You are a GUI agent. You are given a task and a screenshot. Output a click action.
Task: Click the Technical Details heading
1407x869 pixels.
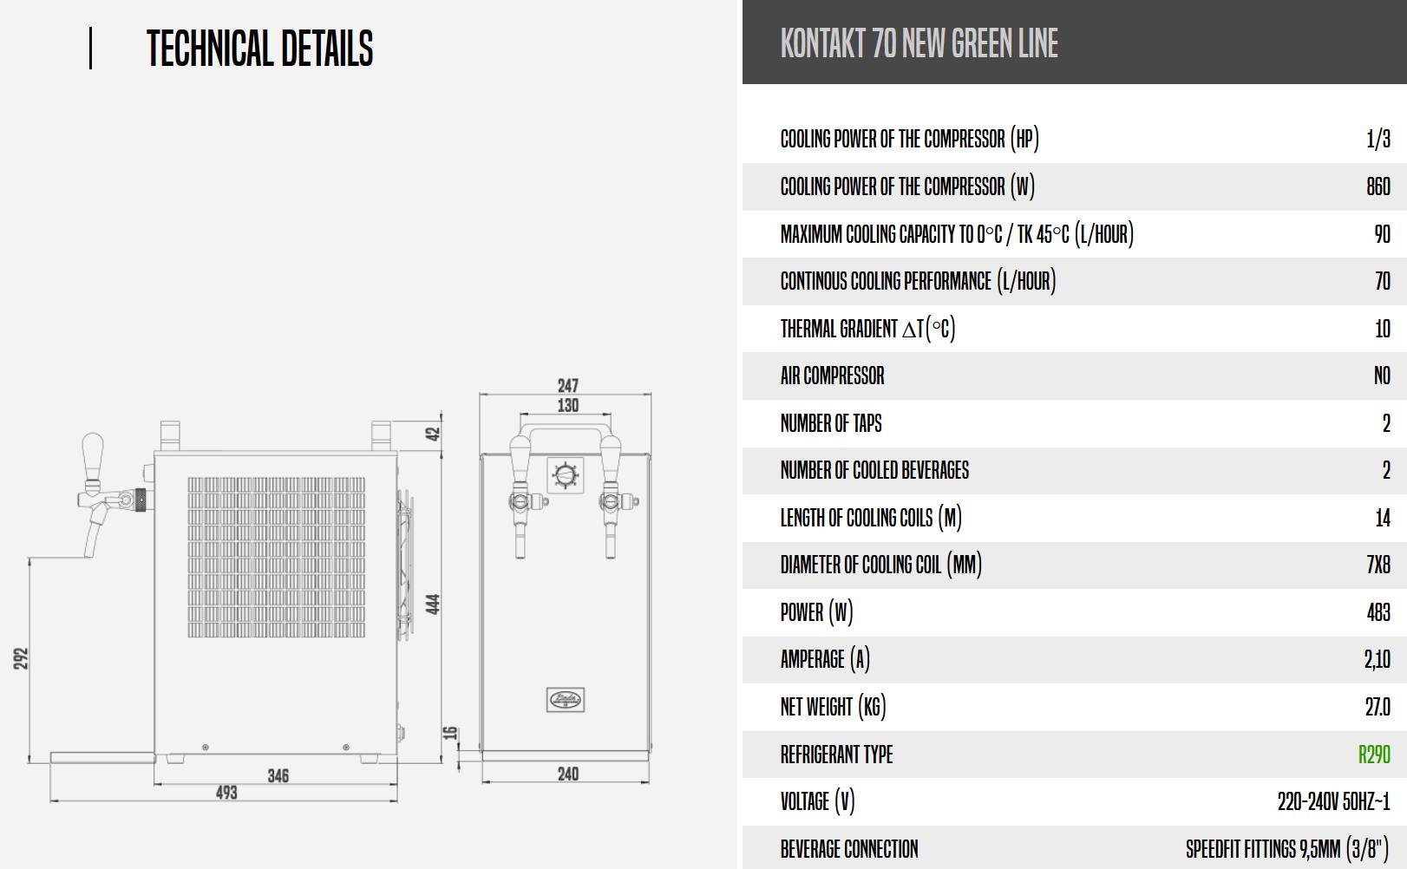pyautogui.click(x=259, y=48)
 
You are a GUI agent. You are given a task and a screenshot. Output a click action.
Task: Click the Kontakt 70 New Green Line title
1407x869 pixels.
pyautogui.click(x=919, y=42)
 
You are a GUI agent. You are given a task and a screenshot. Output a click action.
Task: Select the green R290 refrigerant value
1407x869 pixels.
pyautogui.click(x=1374, y=755)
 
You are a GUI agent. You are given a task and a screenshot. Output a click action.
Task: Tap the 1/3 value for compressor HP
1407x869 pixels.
pyautogui.click(x=1378, y=139)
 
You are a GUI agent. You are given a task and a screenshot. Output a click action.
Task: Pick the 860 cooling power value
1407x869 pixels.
pyautogui.click(x=1378, y=186)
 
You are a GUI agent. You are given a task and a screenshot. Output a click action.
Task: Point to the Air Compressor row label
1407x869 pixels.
pyautogui.click(x=832, y=376)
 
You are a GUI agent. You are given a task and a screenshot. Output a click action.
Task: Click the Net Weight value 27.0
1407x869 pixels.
pyautogui.click(x=1378, y=707)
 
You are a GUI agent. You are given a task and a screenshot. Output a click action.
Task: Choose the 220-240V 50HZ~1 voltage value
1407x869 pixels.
pyautogui.click(x=1333, y=801)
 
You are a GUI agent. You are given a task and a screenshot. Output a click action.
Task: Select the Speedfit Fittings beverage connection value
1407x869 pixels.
pyautogui.click(x=1287, y=849)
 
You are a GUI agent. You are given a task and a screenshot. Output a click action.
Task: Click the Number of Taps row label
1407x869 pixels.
pyautogui.click(x=831, y=423)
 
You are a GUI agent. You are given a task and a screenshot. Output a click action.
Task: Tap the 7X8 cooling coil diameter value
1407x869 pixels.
pyautogui.click(x=1378, y=565)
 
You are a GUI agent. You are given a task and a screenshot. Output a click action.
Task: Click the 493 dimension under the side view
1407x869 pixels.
pyautogui.click(x=226, y=793)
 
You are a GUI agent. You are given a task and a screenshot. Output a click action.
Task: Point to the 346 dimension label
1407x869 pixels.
pyautogui.click(x=278, y=776)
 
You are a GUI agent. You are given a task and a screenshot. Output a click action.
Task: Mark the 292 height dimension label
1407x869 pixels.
pyautogui.click(x=21, y=658)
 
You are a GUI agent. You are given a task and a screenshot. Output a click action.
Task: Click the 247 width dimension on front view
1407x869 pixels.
pyautogui.click(x=568, y=385)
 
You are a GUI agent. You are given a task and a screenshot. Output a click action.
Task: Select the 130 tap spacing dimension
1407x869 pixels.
pyautogui.click(x=568, y=406)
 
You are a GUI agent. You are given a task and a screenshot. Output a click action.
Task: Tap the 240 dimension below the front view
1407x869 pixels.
pyautogui.click(x=568, y=774)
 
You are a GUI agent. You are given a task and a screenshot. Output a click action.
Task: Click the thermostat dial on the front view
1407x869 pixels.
pyautogui.click(x=566, y=474)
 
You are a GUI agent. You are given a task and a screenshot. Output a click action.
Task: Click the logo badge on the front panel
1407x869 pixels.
pyautogui.click(x=566, y=700)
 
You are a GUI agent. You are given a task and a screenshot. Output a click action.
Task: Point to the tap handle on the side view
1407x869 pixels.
pyautogui.click(x=93, y=457)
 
